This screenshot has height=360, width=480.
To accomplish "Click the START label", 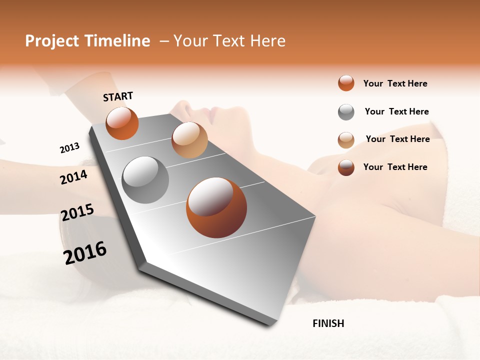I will click(118, 96).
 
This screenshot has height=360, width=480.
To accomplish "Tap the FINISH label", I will click(328, 323).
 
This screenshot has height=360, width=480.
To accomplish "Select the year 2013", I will click(69, 147).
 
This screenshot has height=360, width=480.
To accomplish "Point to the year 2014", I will click(73, 177).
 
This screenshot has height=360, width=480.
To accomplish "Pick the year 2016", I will click(85, 252).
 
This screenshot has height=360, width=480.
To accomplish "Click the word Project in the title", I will click(52, 41).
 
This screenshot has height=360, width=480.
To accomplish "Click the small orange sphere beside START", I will click(122, 123).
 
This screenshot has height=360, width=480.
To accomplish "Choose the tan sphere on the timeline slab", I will click(189, 140).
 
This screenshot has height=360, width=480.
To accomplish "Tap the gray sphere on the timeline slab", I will click(145, 180).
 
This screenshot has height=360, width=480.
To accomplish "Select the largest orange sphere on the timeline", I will click(216, 207).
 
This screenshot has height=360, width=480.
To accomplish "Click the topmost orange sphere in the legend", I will click(346, 83).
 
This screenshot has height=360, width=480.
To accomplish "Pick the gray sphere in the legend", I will click(346, 112).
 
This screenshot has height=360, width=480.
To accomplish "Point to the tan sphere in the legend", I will click(346, 140).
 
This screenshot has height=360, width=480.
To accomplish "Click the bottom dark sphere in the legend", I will click(346, 167).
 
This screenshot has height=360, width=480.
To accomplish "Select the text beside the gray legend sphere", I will click(396, 111).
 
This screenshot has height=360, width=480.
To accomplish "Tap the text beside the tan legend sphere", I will click(397, 139).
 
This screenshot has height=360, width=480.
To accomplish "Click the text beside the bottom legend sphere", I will click(395, 167).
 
